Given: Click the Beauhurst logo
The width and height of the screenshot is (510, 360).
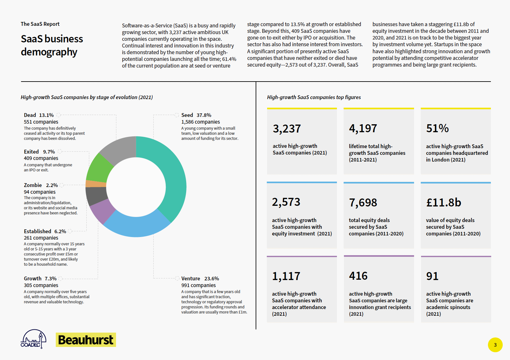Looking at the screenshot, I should point(86,340).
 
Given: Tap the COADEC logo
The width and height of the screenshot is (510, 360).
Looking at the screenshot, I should point(33,339).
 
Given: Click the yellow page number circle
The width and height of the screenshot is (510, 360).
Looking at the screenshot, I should point(495,345).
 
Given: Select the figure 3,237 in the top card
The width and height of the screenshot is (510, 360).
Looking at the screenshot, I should point(287,129).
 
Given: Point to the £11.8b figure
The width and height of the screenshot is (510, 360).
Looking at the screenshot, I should point(443,203).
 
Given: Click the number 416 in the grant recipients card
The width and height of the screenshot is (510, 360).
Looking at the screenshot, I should point(358,276).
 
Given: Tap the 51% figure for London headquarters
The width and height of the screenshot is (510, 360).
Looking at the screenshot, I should point(437,128).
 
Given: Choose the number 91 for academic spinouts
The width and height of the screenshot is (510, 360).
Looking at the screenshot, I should point(432,276).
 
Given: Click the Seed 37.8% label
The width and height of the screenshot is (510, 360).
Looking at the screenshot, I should point(196,115).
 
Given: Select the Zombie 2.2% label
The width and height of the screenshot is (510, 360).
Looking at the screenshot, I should point(41,185).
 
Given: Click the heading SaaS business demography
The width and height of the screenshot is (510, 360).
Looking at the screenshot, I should point(52,45).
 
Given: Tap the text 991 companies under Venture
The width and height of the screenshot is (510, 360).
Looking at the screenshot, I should point(198,285).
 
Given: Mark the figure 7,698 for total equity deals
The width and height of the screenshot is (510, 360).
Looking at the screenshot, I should point(363,203).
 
